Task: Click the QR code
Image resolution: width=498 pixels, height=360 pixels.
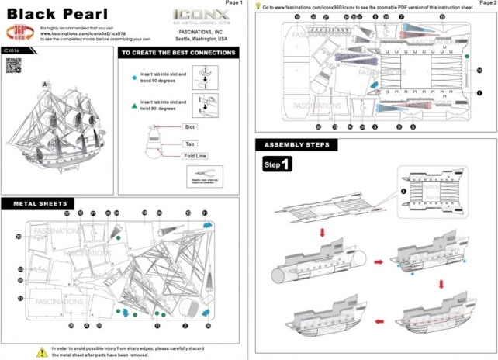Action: pyautogui.click(x=12, y=66)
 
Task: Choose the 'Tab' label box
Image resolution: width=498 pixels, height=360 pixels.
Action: pyautogui.click(x=188, y=144)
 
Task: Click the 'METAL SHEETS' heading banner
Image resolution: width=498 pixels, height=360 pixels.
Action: pyautogui.click(x=39, y=203)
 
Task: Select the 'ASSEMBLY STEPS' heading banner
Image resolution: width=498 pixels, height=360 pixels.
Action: pyautogui.click(x=296, y=145)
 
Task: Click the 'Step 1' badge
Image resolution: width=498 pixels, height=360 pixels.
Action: pyautogui.click(x=277, y=165)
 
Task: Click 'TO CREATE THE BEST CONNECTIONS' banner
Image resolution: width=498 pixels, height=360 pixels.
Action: pyautogui.click(x=178, y=54)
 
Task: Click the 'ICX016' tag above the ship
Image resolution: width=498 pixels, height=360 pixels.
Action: pyautogui.click(x=11, y=50)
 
